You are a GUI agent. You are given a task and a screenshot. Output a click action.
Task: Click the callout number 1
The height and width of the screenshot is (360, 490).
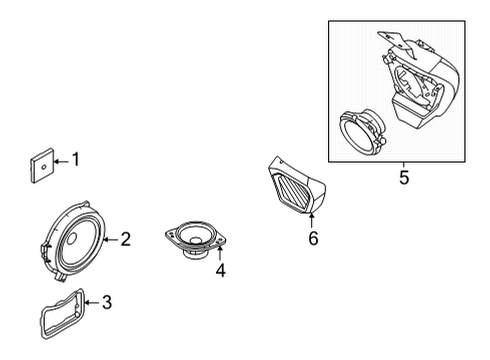pos(76,159)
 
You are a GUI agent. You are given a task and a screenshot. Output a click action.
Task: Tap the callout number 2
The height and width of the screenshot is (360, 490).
pos(125,239)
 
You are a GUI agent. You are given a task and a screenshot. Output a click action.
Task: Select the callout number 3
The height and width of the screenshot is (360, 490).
pos(107,303)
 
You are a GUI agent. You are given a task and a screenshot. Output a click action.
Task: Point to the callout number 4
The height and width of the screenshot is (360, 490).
pos(221,270)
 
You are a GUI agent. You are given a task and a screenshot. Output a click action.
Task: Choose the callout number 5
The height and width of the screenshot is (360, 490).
pos(404,177)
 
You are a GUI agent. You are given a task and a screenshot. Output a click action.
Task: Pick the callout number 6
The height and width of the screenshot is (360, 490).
pos(313,238)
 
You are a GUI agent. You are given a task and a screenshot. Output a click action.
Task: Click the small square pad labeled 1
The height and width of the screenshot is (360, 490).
pos(42,166)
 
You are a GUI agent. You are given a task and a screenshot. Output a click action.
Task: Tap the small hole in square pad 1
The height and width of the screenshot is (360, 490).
pos(43,167)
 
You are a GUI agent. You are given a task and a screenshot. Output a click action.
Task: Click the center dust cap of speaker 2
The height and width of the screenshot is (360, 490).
pos(72,239)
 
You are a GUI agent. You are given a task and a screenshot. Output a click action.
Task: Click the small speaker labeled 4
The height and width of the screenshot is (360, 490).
pos(196,239)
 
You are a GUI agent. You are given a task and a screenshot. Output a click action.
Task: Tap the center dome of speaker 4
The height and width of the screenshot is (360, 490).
pos(196,240)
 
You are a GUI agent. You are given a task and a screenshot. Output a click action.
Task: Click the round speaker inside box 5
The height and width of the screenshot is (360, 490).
pos(362,132)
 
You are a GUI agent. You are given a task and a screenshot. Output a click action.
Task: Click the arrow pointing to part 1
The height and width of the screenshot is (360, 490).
pos(62,162)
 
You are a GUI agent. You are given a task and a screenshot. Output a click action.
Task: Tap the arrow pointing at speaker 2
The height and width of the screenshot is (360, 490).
pos(111,240)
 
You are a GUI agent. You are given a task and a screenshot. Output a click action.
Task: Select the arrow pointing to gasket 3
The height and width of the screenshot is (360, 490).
pos(92,303)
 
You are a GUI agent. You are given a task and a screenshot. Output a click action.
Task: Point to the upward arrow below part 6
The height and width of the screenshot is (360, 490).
pos(311,221)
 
